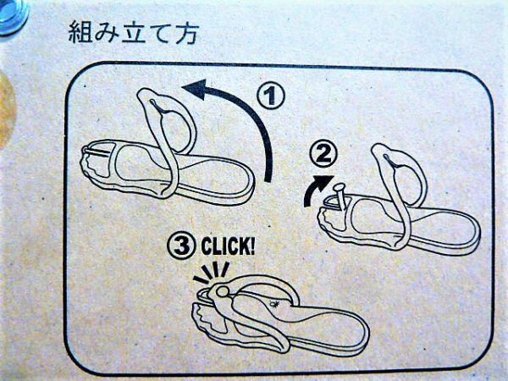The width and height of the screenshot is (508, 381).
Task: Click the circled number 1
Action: pos(271,96)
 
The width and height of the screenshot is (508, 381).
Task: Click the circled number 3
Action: pos(181,246)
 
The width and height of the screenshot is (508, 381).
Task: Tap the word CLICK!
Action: pos(228,246)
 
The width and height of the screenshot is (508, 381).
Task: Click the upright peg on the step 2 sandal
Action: pos(340,196)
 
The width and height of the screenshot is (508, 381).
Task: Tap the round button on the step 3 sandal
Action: pos(222,291)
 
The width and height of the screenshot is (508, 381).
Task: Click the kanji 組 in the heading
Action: pos(80,32)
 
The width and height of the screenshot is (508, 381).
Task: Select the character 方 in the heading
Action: pos(186,33)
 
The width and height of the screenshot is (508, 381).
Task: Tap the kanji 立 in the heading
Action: pos(133,33)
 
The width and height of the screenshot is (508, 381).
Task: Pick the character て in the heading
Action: pos(159,33)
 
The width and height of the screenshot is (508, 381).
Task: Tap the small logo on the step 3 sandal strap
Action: pos(274,304)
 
